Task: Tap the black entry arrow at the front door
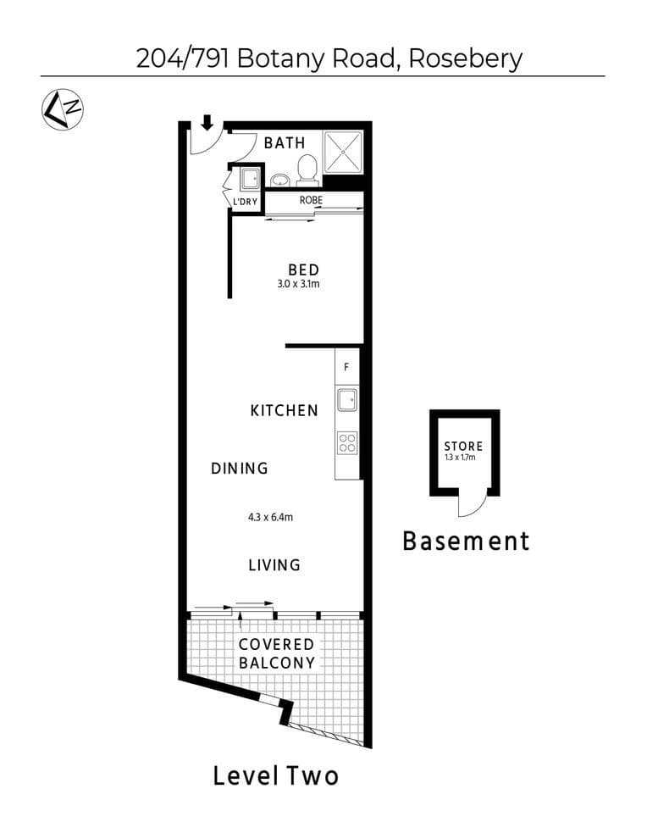207,124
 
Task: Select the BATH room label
285,142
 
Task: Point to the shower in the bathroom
342,153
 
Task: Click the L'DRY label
245,202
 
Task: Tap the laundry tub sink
250,179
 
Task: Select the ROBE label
309,201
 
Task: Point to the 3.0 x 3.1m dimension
297,284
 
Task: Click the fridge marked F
346,368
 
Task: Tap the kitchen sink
346,398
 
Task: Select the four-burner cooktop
346,442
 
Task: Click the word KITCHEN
285,411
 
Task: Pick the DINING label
240,468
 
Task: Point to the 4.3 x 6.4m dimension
271,517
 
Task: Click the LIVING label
274,564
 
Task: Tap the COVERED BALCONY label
276,654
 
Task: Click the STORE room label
463,446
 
